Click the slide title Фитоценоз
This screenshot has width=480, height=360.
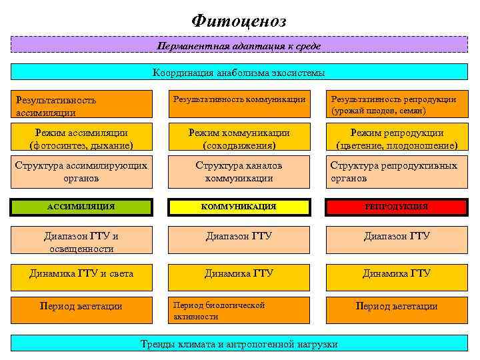coord(239,21)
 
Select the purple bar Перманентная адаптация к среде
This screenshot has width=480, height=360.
coord(239,45)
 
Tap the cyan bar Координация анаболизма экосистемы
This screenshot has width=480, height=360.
coord(239,72)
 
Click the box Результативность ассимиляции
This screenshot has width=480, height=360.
coord(81,105)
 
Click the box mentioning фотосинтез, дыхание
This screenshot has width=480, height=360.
coord(81,139)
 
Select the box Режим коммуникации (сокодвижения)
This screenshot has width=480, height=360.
coord(239,139)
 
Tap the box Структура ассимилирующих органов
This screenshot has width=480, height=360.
coord(81,171)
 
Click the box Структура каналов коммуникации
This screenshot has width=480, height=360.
coord(239,171)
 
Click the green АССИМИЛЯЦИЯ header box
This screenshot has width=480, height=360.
coord(81,207)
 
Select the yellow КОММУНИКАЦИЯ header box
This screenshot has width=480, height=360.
coord(239,207)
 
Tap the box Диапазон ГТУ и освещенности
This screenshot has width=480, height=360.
coord(81,241)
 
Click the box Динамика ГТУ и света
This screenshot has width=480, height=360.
coord(81,274)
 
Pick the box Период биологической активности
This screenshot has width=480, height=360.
coord(239,310)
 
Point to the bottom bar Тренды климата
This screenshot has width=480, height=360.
coord(239,344)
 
